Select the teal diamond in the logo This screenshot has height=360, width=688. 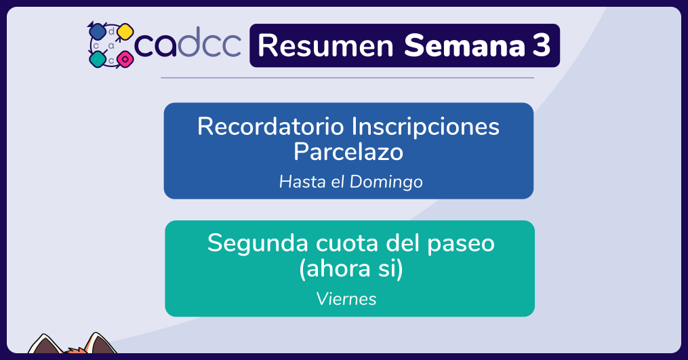98,59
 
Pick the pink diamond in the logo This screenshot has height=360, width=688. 125,59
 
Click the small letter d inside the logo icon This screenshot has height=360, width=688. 111,31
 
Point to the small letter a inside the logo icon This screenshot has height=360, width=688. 111,45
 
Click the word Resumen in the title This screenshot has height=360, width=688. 325,45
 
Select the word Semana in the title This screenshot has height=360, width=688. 464,45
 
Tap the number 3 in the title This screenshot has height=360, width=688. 542,45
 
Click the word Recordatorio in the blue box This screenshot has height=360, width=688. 270,127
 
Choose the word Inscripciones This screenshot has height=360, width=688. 425,127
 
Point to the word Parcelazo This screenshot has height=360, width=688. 348,152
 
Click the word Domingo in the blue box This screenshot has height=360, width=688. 386,182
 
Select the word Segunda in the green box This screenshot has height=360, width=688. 258,243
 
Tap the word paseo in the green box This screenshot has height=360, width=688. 461,244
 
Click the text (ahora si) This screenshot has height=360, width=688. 350,268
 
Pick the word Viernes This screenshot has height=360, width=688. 346,299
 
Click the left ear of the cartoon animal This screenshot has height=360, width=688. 44,344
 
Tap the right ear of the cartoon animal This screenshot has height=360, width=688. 100,342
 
